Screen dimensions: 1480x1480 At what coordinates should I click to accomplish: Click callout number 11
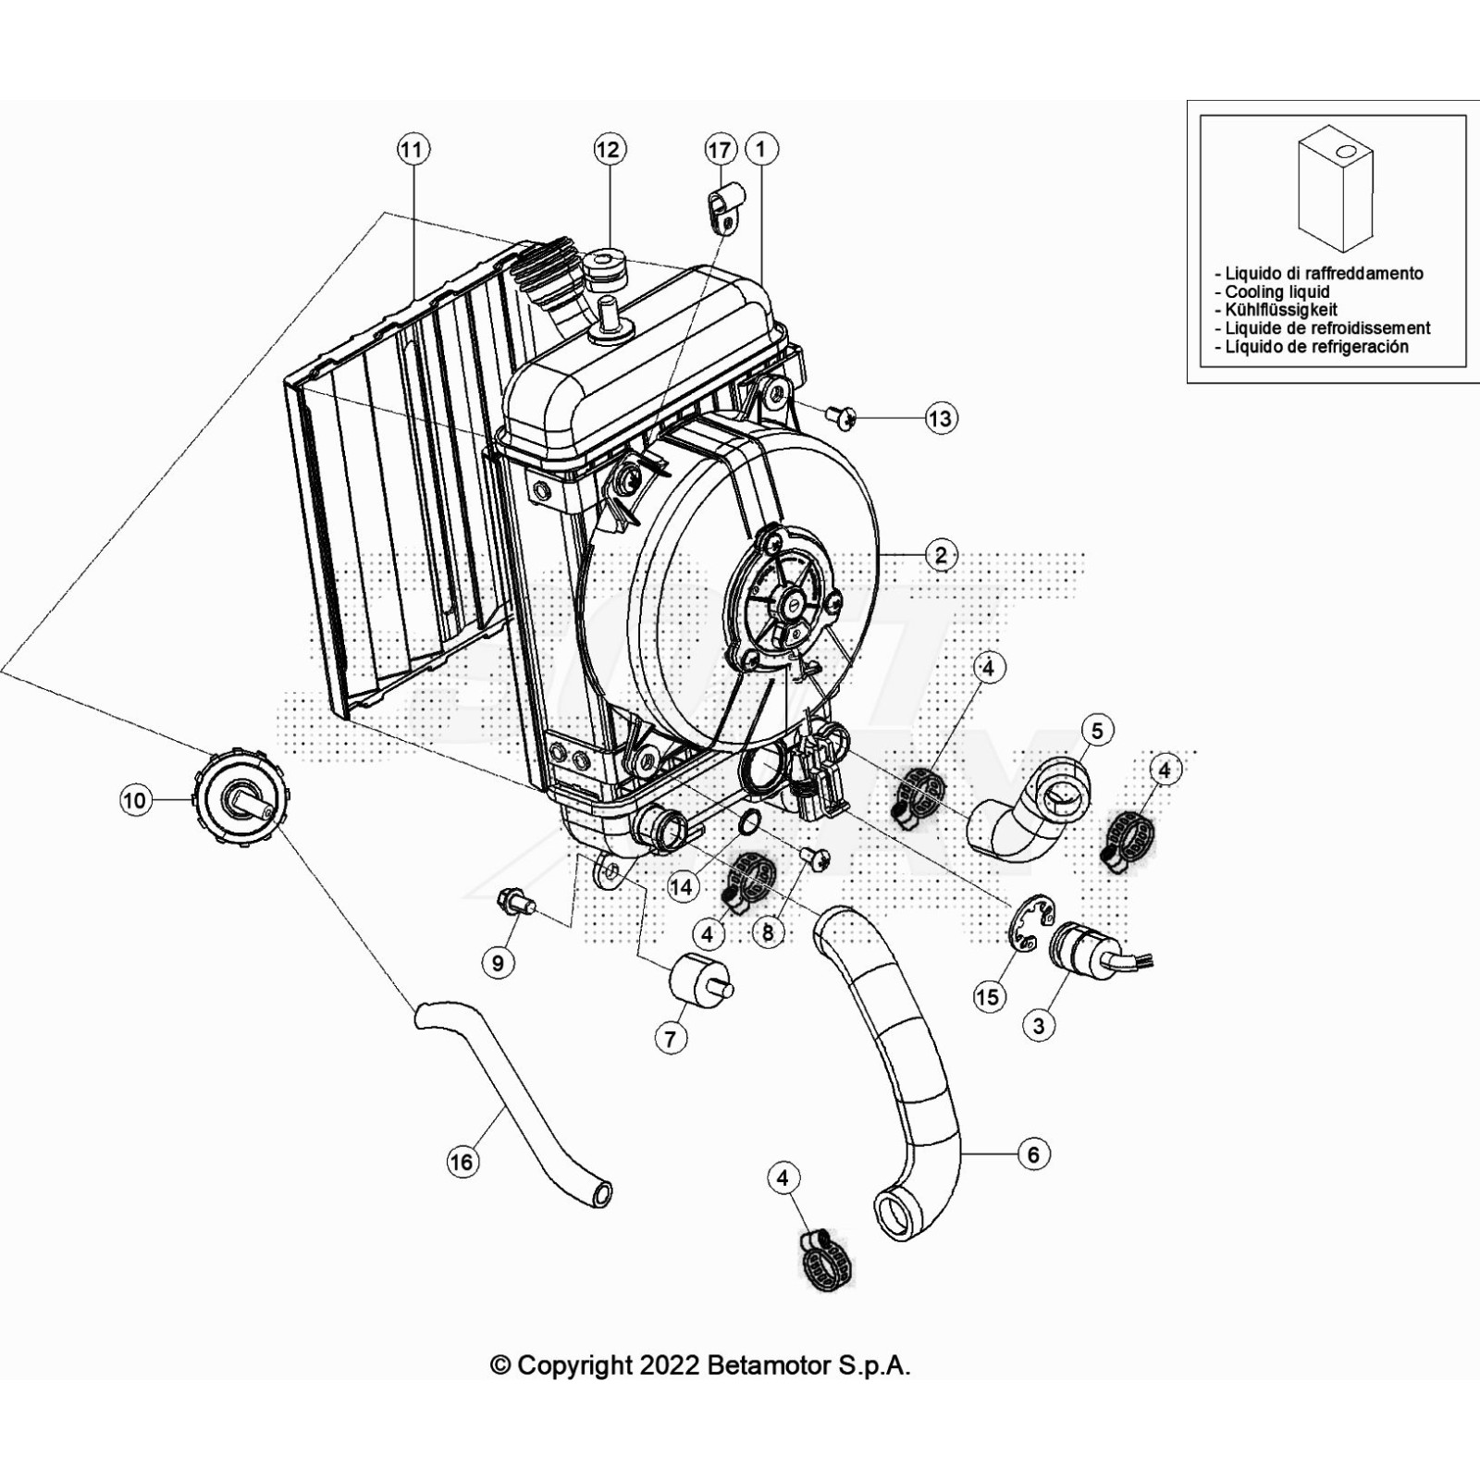[413, 149]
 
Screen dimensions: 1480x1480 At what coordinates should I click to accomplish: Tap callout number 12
[609, 149]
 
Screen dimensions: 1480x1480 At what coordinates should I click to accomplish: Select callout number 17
[720, 149]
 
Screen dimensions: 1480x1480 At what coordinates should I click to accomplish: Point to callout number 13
[940, 418]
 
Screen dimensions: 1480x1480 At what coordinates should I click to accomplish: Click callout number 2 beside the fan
[941, 555]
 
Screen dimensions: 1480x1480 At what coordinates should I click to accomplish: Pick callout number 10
[135, 800]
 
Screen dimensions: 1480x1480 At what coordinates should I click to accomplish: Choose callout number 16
[462, 1162]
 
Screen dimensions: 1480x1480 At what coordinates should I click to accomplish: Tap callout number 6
[1033, 1154]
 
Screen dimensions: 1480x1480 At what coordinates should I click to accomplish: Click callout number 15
[988, 996]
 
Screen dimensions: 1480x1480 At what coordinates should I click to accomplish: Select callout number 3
[1039, 1025]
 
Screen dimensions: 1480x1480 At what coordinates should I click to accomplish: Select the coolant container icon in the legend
[1335, 191]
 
